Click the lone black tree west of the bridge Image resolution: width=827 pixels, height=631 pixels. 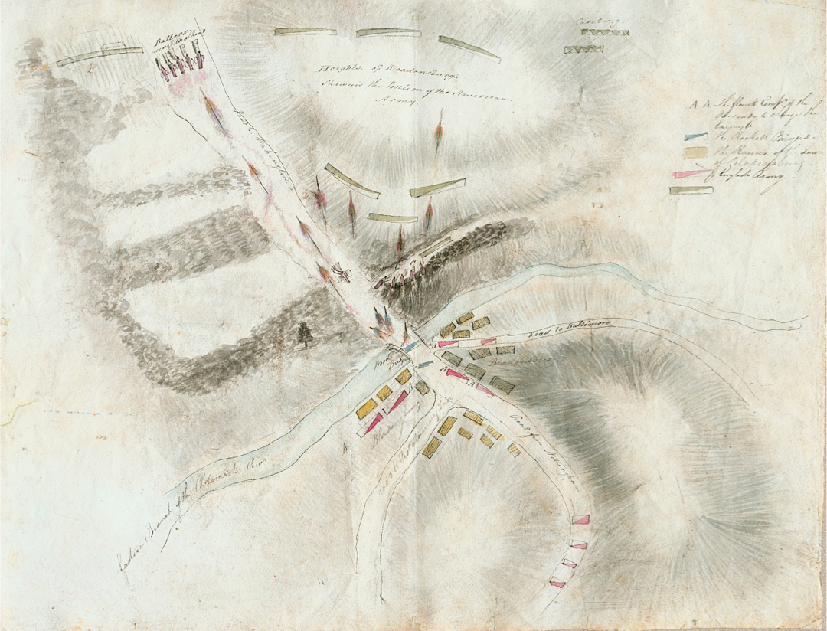pos(305,333)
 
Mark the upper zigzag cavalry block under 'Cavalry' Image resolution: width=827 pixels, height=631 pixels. pos(605,33)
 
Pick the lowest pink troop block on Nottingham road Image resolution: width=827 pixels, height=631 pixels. pos(557,584)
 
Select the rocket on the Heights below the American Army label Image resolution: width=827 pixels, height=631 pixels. pos(438,134)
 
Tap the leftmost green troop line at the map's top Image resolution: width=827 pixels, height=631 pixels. pos(100,54)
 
